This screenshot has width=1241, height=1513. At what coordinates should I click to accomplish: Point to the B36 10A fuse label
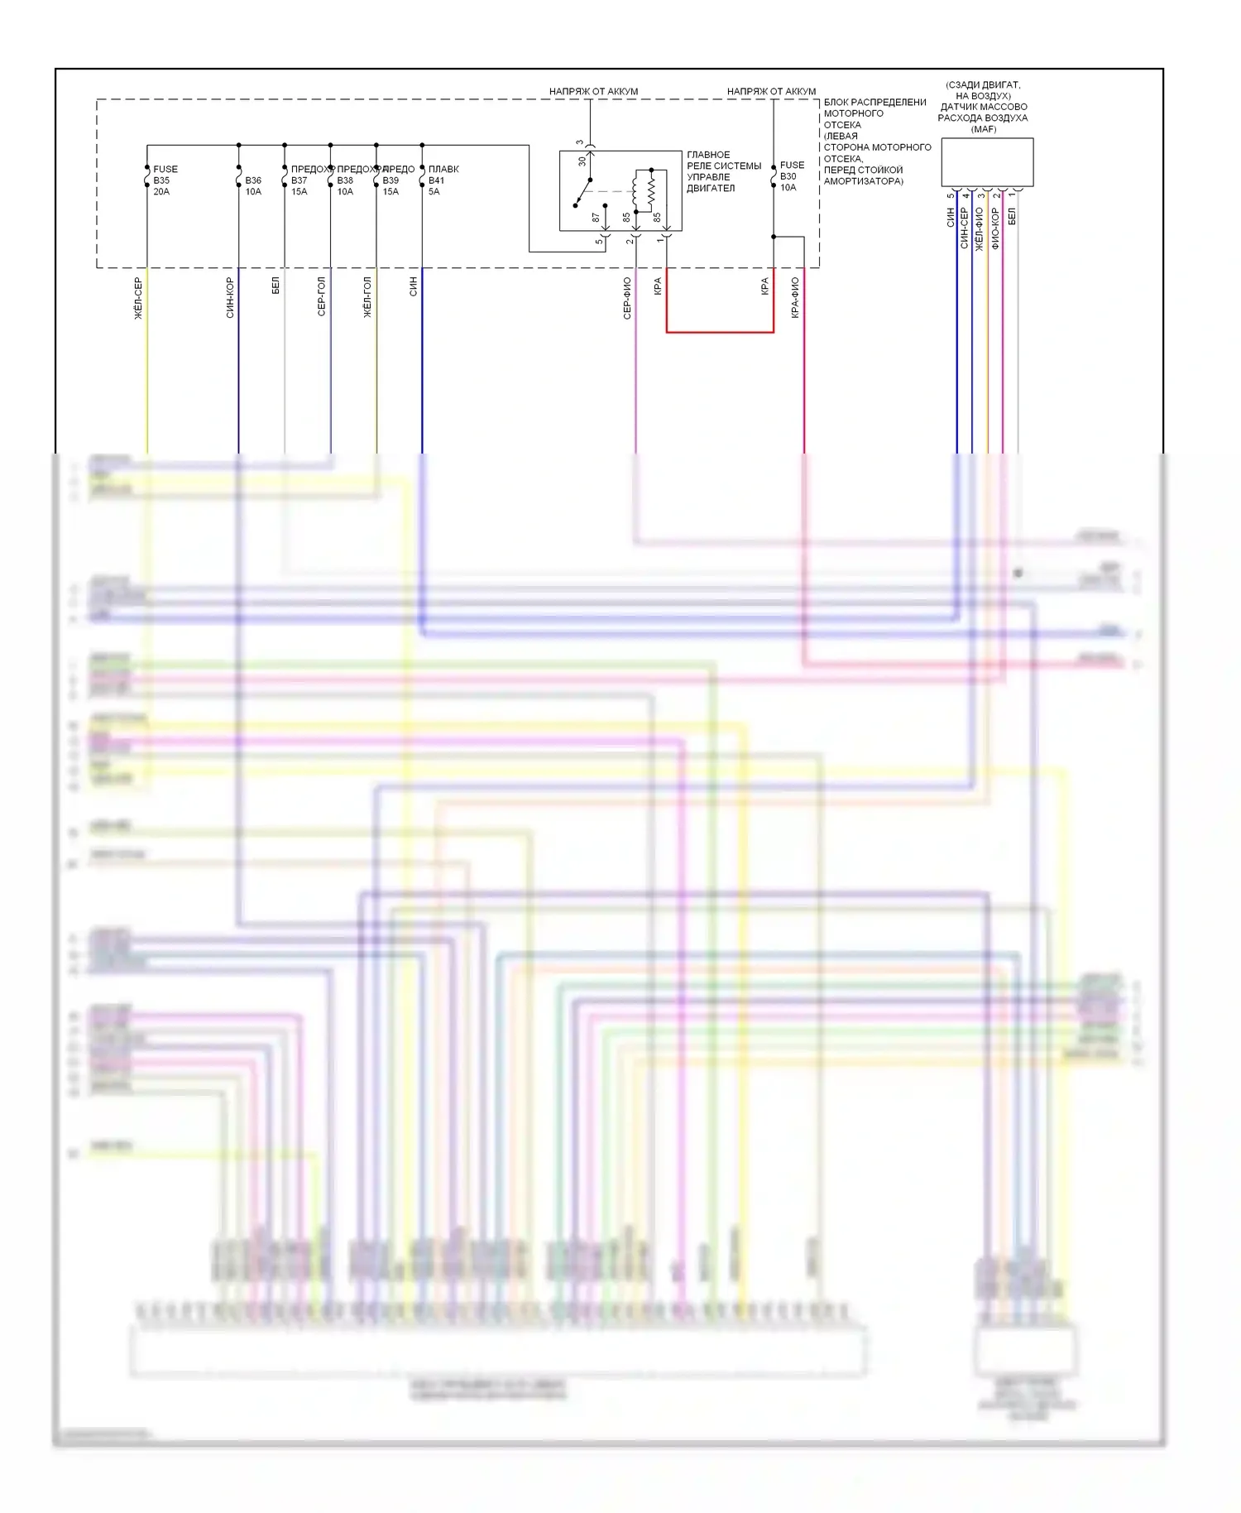[253, 186]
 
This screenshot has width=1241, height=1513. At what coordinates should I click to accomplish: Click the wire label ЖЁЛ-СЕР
[138, 298]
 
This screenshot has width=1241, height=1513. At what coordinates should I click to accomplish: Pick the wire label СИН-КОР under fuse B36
[230, 298]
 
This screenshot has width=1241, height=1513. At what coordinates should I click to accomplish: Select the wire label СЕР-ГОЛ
[321, 296]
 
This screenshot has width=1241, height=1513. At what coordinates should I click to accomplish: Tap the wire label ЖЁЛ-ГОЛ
[367, 297]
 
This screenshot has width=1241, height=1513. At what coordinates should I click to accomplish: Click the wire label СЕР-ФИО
[627, 298]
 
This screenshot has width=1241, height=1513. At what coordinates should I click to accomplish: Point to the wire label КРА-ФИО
[795, 298]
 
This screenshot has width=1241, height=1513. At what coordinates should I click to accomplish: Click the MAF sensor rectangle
[987, 162]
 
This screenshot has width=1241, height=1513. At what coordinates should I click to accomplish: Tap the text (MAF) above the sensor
[984, 129]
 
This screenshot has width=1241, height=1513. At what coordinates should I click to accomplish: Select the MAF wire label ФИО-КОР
[995, 228]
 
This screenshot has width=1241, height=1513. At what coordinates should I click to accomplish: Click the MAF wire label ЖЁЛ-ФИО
[980, 228]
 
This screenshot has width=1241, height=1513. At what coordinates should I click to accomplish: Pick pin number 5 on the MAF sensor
[951, 196]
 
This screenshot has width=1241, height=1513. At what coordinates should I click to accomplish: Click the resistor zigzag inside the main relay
[652, 192]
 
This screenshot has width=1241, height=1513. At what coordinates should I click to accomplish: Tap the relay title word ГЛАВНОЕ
[708, 155]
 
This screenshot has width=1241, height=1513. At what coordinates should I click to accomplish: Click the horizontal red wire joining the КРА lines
[720, 332]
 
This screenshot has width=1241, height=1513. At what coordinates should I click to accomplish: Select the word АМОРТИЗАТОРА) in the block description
[863, 181]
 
